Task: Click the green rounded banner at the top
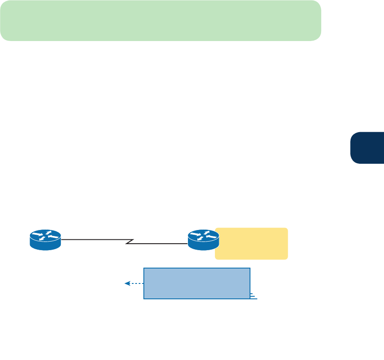click(x=161, y=21)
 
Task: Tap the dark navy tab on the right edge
click(x=367, y=148)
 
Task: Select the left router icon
click(x=45, y=239)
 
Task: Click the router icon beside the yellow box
click(x=203, y=239)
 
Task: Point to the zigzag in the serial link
click(x=128, y=242)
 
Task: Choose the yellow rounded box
click(x=251, y=244)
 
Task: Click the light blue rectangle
click(x=196, y=283)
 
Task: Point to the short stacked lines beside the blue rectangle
click(x=253, y=296)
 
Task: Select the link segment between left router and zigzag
click(x=94, y=240)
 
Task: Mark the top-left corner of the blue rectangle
click(x=144, y=269)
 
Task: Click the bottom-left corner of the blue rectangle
click(x=144, y=298)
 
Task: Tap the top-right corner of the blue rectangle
click(x=250, y=269)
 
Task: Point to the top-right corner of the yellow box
click(x=287, y=229)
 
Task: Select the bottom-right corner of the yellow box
click(x=287, y=258)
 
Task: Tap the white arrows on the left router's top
click(x=45, y=235)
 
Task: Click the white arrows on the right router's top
click(x=203, y=235)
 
